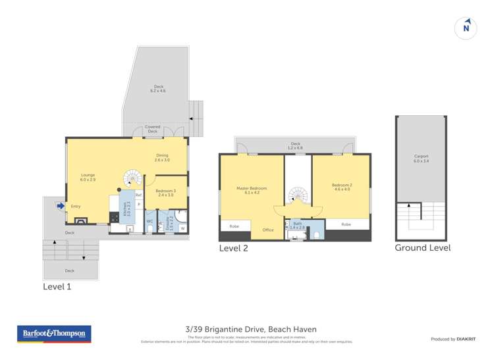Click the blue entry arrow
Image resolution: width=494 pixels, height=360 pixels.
point(61,206)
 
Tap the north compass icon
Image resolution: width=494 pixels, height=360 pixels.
point(466,27)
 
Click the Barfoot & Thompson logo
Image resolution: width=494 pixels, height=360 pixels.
point(55,334)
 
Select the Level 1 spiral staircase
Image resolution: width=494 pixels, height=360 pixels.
point(132,178)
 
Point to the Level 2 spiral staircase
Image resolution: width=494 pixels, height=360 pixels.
point(298,195)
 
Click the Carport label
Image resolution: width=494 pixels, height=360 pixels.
point(422,158)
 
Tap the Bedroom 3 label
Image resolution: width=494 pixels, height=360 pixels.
point(165,192)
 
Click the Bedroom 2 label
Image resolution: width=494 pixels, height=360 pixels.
point(341,188)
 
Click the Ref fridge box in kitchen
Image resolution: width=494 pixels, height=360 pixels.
point(138,195)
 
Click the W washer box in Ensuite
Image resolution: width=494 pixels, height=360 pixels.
point(182,228)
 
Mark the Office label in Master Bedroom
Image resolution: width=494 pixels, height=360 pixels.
point(267,230)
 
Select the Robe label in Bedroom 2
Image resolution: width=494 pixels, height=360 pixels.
point(346,224)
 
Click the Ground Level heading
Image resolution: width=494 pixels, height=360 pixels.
point(422,247)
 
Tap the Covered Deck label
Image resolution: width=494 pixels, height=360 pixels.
point(153,129)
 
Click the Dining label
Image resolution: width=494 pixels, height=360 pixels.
point(162,157)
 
